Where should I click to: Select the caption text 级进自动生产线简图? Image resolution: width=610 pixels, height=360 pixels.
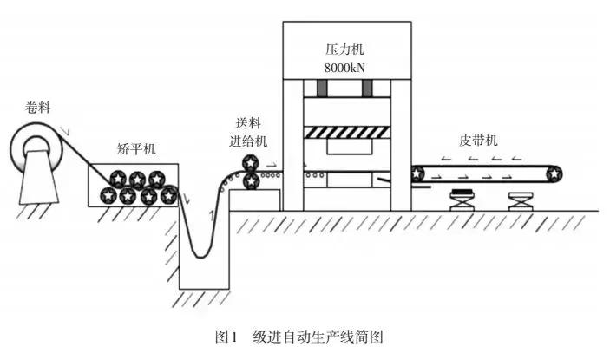pos(318,336)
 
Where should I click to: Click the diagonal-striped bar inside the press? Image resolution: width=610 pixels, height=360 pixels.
pos(346,132)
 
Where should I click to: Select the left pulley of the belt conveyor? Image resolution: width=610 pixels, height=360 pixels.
pos(418,173)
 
